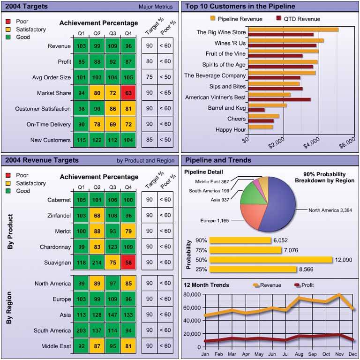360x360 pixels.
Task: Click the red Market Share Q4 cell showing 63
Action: click(x=128, y=93)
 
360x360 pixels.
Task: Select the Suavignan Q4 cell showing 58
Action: click(x=128, y=262)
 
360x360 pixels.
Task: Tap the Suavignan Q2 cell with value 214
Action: click(x=97, y=262)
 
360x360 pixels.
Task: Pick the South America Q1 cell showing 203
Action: click(x=81, y=330)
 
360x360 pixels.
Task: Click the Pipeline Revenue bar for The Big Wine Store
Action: click(x=293, y=30)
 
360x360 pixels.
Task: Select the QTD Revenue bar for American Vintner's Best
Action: click(x=279, y=99)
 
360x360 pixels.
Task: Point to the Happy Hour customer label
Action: click(x=231, y=129)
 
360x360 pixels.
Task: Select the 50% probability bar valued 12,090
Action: click(x=271, y=260)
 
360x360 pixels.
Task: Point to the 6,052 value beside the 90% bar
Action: click(x=280, y=240)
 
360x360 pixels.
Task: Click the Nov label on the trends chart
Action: click(x=339, y=354)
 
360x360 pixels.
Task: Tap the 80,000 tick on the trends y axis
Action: click(x=191, y=294)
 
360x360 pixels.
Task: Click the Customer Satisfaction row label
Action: click(x=43, y=109)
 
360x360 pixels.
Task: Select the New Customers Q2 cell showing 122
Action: click(x=97, y=140)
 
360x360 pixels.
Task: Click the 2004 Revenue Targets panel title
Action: click(x=42, y=160)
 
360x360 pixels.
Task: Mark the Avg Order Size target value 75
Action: click(x=149, y=77)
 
